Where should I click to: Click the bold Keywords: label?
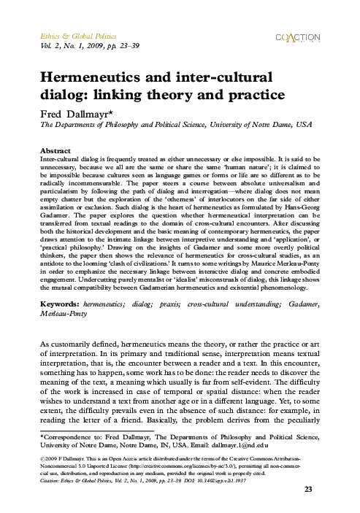60,301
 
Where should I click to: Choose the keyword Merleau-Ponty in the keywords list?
64,310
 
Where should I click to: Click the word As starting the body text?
45,343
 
